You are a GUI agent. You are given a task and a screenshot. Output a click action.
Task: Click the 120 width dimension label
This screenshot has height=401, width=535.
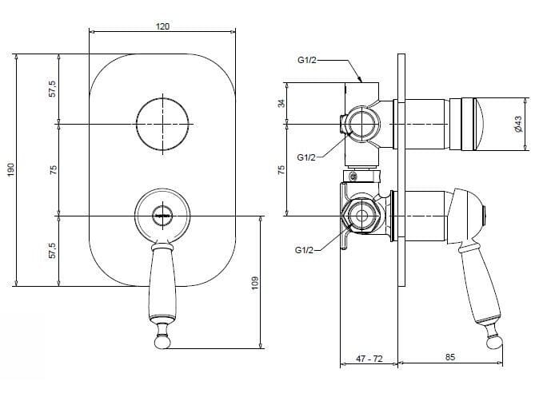point(162,26)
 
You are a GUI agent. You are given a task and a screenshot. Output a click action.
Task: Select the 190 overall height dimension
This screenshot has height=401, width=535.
point(11,169)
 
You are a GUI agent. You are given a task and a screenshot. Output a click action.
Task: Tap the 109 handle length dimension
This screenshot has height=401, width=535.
point(255,283)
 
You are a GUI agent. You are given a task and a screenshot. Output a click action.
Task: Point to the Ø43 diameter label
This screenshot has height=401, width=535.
point(518,125)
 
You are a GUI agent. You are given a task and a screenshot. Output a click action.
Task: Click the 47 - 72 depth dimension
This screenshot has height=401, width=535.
point(369,359)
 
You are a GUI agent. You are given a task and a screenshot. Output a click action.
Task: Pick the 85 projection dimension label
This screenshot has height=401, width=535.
point(450,357)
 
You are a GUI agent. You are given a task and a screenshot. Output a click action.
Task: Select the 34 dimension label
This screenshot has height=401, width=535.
point(281,103)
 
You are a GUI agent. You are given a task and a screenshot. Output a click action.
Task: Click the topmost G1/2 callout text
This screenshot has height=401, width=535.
point(307,60)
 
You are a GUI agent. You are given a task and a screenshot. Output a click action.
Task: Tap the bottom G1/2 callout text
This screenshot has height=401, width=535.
point(304,250)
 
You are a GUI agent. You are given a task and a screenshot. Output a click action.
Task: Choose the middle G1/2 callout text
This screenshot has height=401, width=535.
point(306,157)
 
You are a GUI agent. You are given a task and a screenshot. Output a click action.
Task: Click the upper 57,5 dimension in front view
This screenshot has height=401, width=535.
point(53,89)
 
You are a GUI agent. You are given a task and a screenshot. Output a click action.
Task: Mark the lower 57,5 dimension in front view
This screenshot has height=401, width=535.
point(53,250)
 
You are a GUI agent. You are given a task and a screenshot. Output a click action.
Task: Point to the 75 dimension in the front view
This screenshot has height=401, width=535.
point(53,169)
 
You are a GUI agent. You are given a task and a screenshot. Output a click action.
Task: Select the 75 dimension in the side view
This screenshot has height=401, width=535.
point(281,169)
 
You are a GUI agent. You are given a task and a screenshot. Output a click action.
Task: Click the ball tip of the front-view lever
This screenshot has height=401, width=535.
point(162,342)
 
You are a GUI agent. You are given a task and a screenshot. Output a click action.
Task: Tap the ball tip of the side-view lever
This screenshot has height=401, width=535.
point(495,342)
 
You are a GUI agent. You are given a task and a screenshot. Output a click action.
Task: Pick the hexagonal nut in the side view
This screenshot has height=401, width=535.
point(361,216)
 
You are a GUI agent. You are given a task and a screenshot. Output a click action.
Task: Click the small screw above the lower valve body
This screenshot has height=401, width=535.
point(353,177)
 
